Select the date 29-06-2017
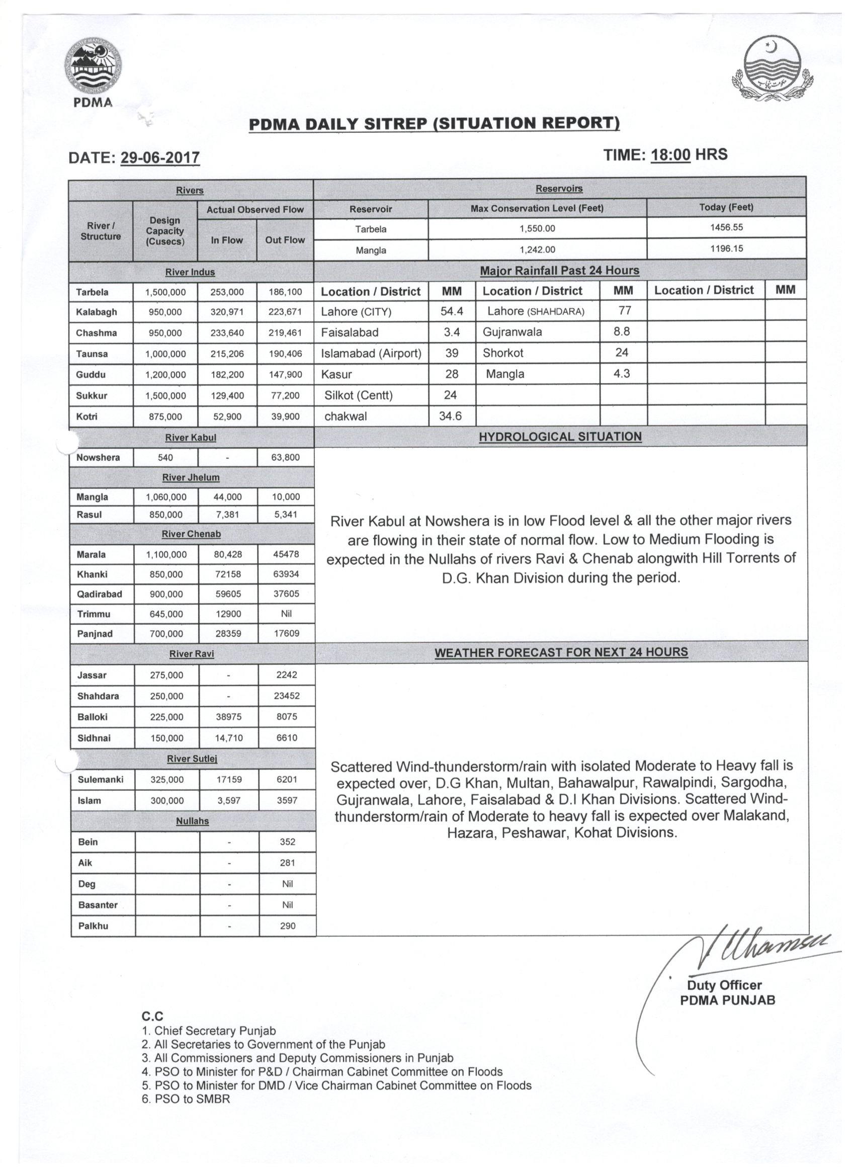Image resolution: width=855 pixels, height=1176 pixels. pyautogui.click(x=160, y=157)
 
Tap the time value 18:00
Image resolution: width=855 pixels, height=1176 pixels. pyautogui.click(x=670, y=154)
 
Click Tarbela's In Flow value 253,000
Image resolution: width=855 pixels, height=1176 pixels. pyautogui.click(x=227, y=292)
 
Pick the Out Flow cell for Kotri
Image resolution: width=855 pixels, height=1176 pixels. pyautogui.click(x=285, y=416)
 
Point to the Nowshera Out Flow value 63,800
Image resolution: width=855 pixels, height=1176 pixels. pyautogui.click(x=285, y=457)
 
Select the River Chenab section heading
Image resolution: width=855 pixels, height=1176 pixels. pyautogui.click(x=191, y=534)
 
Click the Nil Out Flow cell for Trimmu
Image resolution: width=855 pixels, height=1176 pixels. pyautogui.click(x=286, y=614)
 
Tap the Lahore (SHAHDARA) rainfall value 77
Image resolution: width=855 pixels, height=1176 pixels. pyautogui.click(x=624, y=310)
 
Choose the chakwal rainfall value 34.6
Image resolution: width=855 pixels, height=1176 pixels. pyautogui.click(x=450, y=416)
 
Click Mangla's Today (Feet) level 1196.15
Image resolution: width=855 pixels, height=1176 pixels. pyautogui.click(x=726, y=248)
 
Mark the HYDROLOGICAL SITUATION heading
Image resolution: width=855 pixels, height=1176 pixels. pyautogui.click(x=560, y=437)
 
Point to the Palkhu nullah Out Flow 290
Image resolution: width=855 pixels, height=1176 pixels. pyautogui.click(x=287, y=926)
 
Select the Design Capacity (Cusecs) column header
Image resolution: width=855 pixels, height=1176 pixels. pyautogui.click(x=165, y=231)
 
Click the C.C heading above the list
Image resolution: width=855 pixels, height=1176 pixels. pyautogui.click(x=152, y=1017)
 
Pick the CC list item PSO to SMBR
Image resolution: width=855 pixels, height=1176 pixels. pyautogui.click(x=186, y=1099)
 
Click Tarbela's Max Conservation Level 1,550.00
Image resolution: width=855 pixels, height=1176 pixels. pyautogui.click(x=537, y=228)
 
